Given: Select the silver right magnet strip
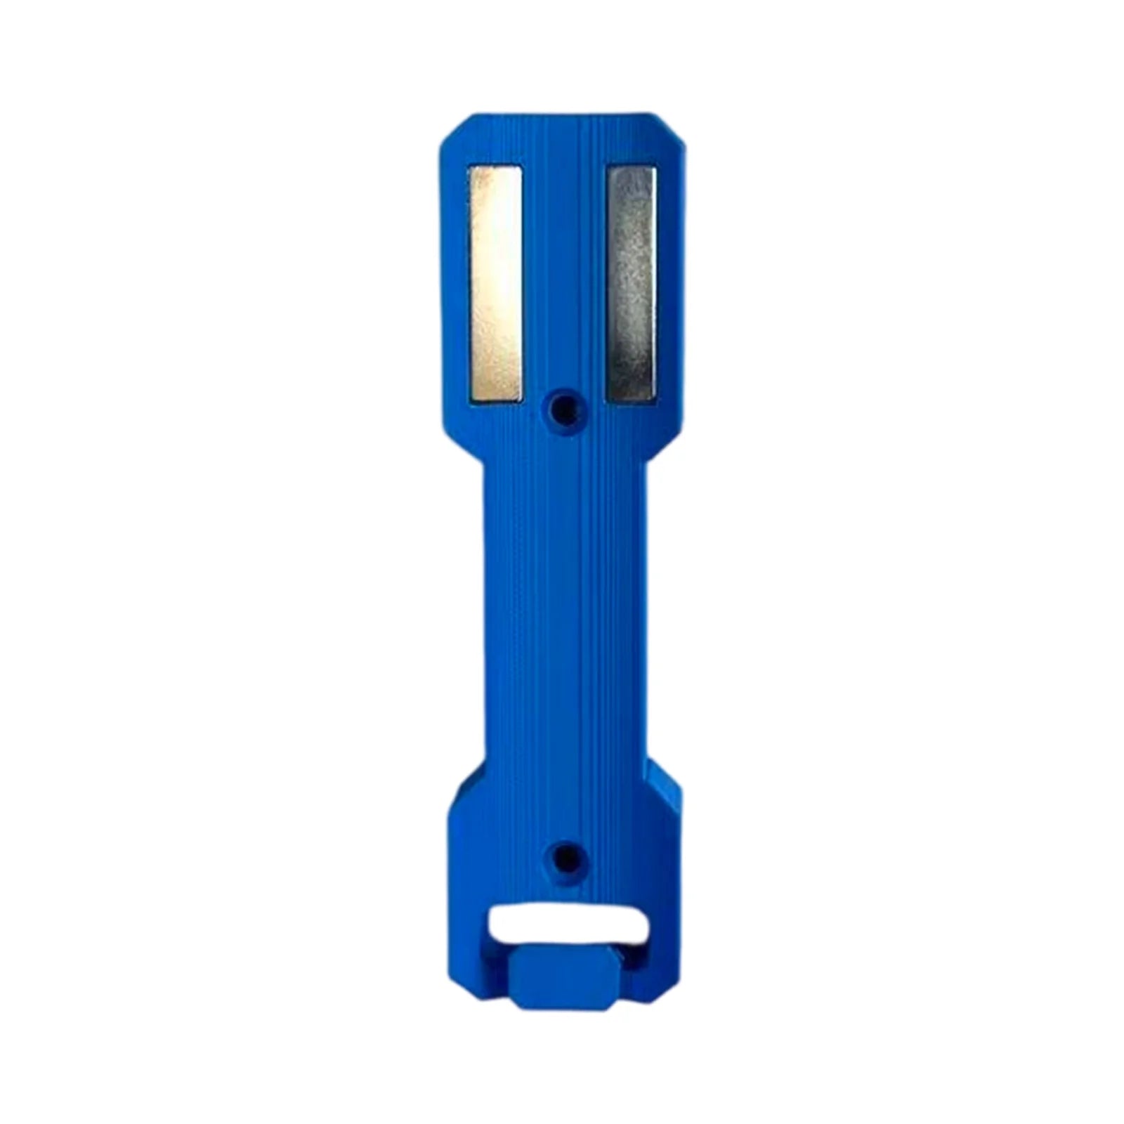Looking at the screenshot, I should (632, 285).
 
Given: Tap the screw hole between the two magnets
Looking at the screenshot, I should (562, 405).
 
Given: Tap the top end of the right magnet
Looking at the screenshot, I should (632, 176).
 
